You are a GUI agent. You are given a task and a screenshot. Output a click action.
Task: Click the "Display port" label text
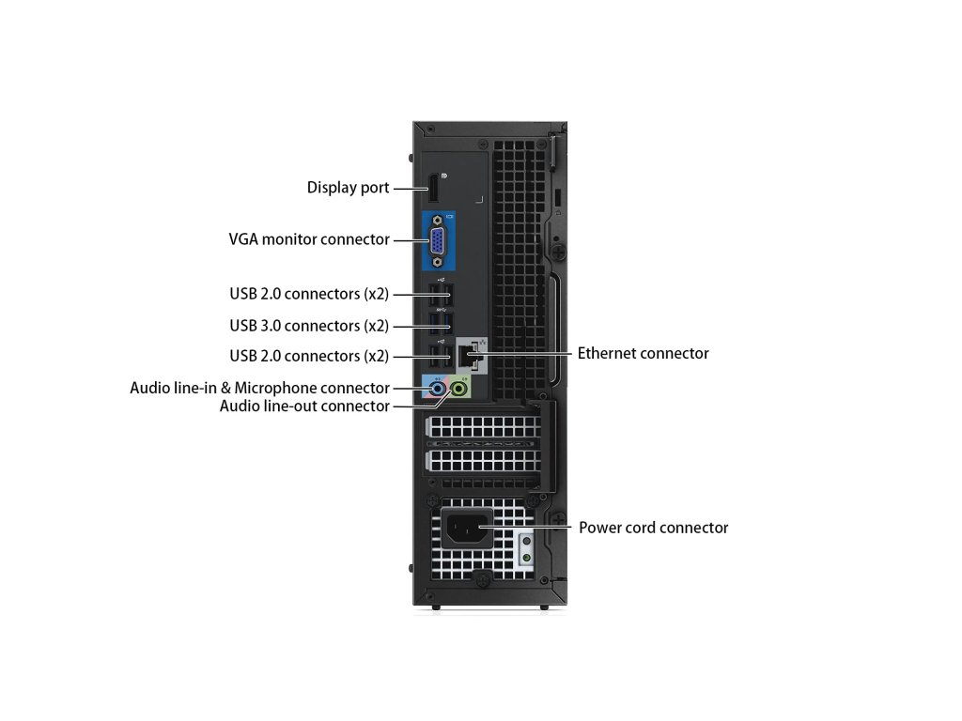click(x=348, y=188)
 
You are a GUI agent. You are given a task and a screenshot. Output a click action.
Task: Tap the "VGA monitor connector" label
click(x=309, y=239)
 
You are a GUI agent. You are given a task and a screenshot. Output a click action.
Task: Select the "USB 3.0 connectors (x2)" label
click(x=309, y=326)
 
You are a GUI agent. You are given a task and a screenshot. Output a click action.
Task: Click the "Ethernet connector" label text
click(x=643, y=354)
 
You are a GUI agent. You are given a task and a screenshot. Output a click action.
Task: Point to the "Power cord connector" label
click(x=653, y=528)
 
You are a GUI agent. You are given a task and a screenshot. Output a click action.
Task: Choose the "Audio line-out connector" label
click(x=304, y=407)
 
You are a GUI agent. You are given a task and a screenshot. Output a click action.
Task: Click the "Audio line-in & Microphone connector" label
click(x=259, y=388)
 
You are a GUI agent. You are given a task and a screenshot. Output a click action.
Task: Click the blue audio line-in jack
click(x=437, y=387)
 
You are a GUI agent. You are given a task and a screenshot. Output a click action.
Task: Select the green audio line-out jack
click(x=459, y=387)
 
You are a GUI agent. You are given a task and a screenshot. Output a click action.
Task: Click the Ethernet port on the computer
click(x=470, y=355)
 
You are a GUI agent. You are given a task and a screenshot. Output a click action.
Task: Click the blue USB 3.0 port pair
click(x=438, y=324)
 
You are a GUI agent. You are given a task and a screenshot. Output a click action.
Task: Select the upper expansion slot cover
click(x=484, y=428)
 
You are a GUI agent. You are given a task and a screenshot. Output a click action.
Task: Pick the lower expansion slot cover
click(x=484, y=461)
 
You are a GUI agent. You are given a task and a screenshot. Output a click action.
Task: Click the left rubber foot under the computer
click(x=435, y=607)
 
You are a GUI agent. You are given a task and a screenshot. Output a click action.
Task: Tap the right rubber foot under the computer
click(x=544, y=607)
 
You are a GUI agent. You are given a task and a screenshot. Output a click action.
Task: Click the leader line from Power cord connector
click(x=531, y=528)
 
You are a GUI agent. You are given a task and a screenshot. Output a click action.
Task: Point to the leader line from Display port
click(x=409, y=188)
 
